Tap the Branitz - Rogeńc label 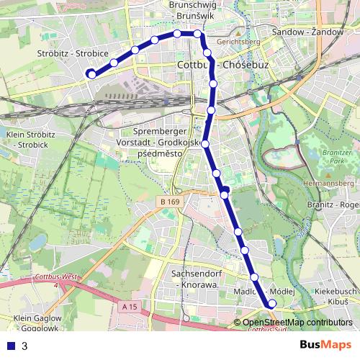coord(331,205)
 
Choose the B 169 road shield coord(170,202)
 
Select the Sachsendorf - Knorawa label coord(194,279)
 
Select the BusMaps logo coord(325,345)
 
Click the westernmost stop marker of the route coord(91,73)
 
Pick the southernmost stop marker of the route coord(271,304)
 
